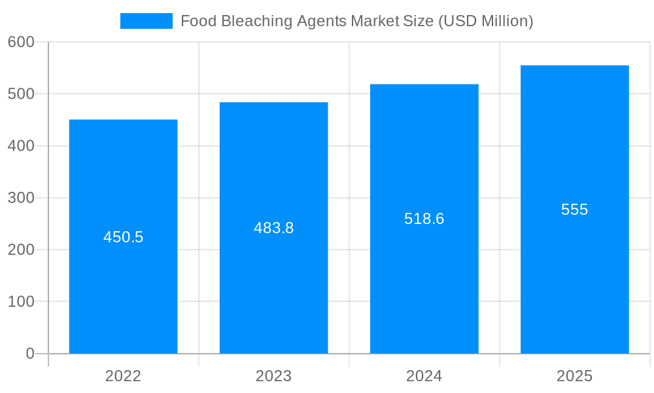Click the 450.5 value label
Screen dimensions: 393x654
click(x=123, y=237)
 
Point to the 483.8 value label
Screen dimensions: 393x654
click(x=273, y=228)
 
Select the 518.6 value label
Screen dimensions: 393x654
click(x=424, y=219)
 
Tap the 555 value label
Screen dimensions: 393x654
click(x=574, y=210)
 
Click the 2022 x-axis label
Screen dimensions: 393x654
click(x=123, y=376)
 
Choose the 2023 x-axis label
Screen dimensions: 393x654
click(x=273, y=376)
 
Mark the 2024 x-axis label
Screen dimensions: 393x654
click(x=424, y=376)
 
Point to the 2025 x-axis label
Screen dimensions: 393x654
click(x=574, y=376)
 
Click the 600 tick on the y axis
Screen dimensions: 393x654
click(x=21, y=42)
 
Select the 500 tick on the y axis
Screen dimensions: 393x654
click(x=21, y=94)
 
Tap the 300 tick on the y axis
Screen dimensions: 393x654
click(x=21, y=198)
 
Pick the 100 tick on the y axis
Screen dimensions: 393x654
click(x=21, y=301)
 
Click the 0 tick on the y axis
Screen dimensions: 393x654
click(x=30, y=354)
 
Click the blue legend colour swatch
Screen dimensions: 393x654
click(x=146, y=21)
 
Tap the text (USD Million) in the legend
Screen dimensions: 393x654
click(x=485, y=21)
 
